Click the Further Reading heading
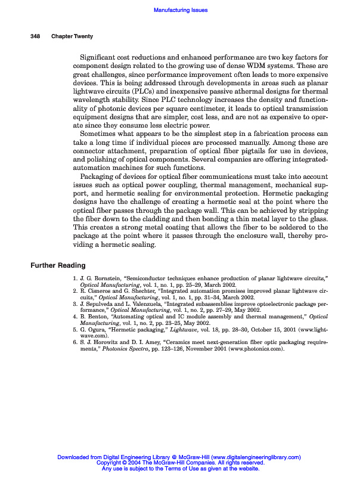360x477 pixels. point(58,265)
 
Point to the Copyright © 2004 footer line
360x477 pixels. point(180,463)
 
